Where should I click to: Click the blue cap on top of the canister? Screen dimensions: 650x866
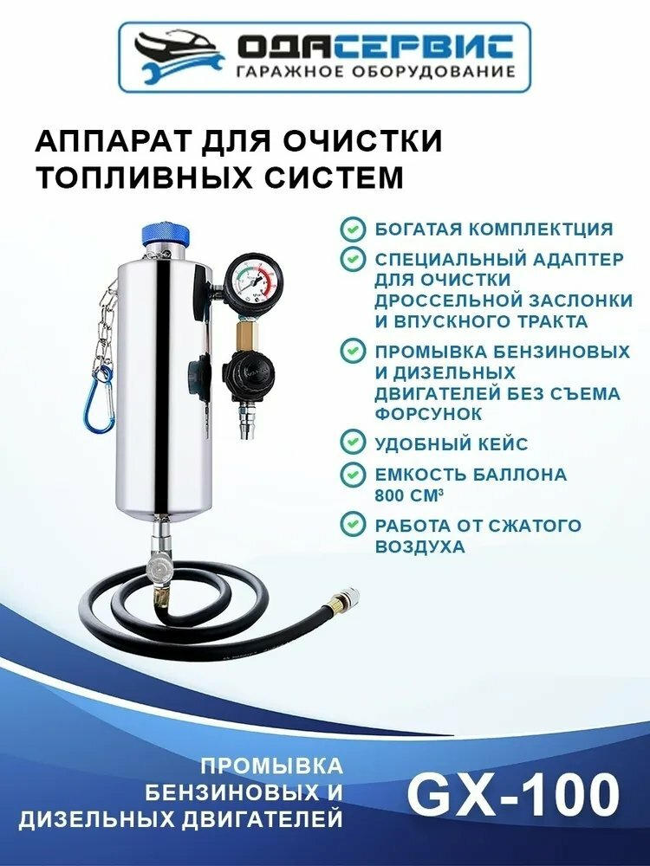pyautogui.click(x=166, y=236)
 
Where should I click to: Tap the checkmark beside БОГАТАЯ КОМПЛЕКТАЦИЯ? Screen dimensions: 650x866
pyautogui.click(x=353, y=229)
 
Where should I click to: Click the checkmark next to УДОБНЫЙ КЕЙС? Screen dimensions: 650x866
pyautogui.click(x=353, y=443)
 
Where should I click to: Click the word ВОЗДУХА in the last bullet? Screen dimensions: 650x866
pyautogui.click(x=420, y=546)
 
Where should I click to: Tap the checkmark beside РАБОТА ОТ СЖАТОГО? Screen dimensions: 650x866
pyautogui.click(x=353, y=525)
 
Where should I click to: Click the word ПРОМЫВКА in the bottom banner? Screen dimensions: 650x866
pyautogui.click(x=271, y=766)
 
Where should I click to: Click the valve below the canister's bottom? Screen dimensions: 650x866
pyautogui.click(x=159, y=566)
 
